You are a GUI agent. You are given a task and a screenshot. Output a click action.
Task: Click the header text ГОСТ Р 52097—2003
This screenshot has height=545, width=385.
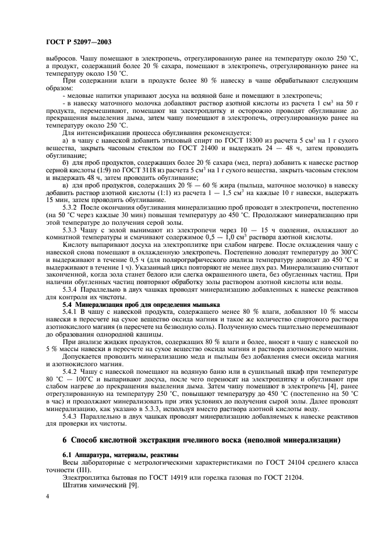click(x=78, y=42)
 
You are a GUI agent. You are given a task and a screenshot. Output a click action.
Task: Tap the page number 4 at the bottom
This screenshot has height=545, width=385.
click(x=47, y=497)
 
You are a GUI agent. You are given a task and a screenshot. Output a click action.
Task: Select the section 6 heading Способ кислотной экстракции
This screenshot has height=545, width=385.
click(x=201, y=438)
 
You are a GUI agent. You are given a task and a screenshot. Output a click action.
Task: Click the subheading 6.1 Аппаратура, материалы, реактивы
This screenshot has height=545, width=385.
click(x=115, y=454)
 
